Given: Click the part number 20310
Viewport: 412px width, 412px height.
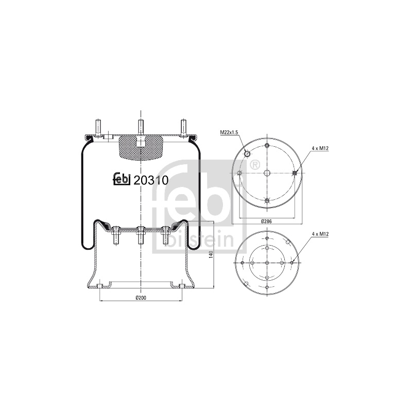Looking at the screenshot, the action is [151, 180].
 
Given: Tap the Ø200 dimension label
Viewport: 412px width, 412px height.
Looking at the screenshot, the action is [141, 298].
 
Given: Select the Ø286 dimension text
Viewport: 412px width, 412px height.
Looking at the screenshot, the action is [267, 221].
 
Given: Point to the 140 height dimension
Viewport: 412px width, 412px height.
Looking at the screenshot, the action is [211, 254].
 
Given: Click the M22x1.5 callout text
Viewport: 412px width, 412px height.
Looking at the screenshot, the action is [229, 132].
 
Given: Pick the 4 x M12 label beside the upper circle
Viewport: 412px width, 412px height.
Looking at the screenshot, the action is [320, 148].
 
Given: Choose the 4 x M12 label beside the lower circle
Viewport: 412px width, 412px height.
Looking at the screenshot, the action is [320, 234].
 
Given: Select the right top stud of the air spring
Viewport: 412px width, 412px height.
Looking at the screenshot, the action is [183, 128].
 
